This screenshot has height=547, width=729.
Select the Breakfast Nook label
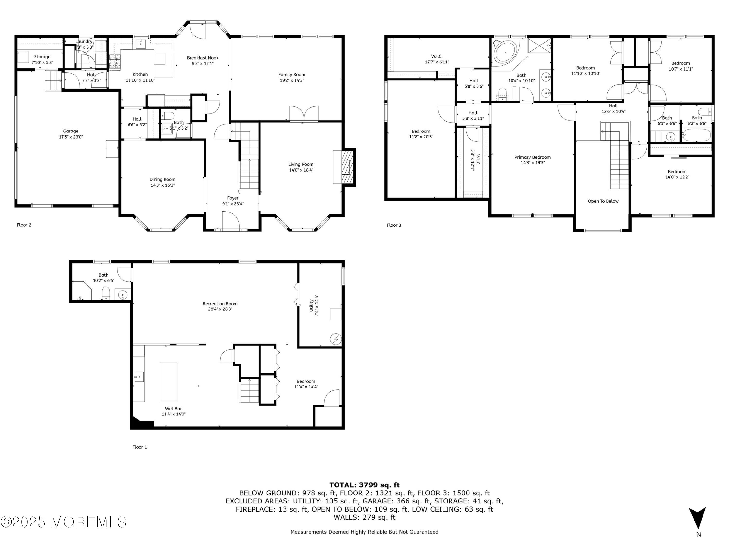(203, 58)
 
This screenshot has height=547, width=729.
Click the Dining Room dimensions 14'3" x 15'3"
(163, 185)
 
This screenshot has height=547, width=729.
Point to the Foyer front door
(230, 220)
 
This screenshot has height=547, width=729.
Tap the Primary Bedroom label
(533, 157)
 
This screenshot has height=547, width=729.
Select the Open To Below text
(603, 201)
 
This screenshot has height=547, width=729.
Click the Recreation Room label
(220, 304)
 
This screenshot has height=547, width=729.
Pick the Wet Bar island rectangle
(168, 381)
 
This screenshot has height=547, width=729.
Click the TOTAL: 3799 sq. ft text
(364, 485)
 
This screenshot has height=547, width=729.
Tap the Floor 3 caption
(394, 225)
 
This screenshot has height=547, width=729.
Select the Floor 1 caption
(139, 447)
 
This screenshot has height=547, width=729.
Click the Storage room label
(42, 57)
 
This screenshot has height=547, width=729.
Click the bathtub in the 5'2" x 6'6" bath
(696, 135)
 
